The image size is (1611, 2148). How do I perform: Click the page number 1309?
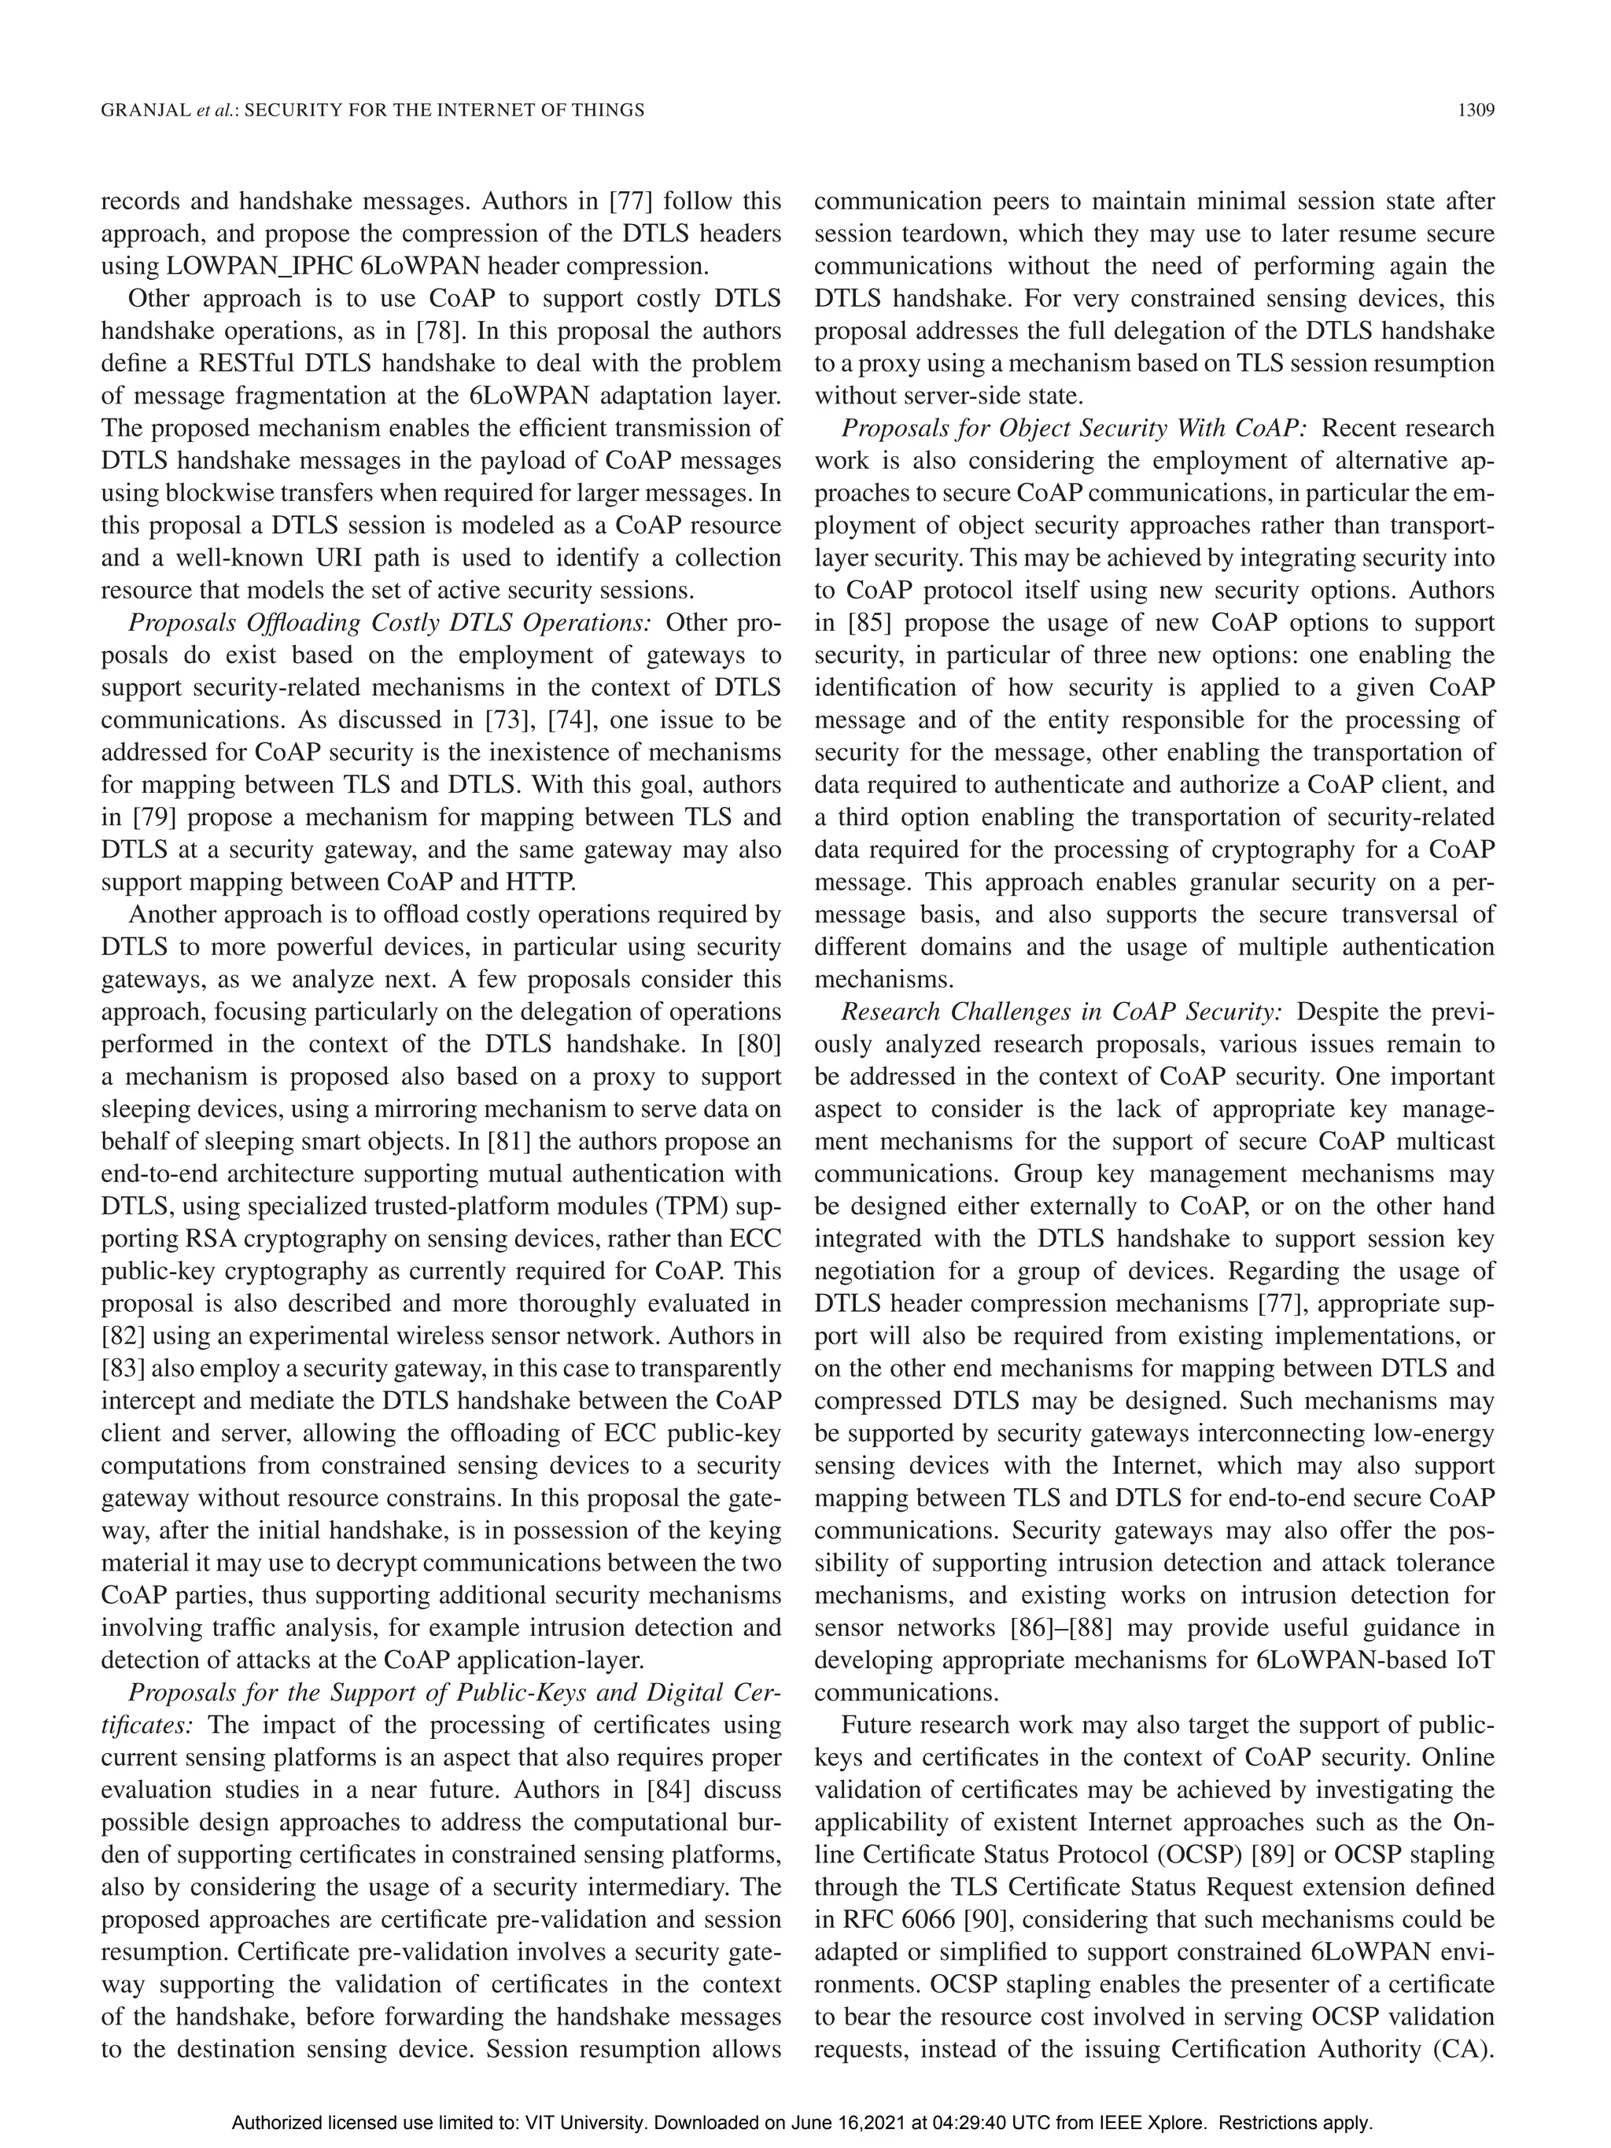point(1474,111)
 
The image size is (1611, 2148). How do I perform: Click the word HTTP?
point(547,882)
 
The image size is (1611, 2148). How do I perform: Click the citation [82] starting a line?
point(123,1336)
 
